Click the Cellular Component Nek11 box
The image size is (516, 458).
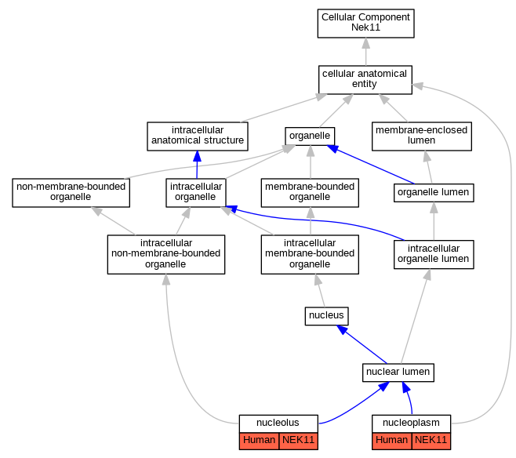click(365, 24)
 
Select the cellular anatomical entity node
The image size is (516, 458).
click(365, 80)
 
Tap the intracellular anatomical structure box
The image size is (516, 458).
click(198, 136)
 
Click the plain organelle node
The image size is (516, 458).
click(310, 136)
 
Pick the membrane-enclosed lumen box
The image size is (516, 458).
click(422, 136)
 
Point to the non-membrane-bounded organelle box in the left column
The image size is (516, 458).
click(71, 192)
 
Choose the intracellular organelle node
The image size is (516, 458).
click(196, 192)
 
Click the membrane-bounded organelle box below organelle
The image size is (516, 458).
click(310, 192)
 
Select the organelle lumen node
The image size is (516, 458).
click(434, 192)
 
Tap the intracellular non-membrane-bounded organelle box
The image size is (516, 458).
click(166, 254)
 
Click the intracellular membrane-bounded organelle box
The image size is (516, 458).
click(310, 254)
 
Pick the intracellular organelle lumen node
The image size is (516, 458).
click(434, 254)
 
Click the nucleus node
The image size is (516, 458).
click(326, 316)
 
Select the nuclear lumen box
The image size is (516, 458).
click(398, 373)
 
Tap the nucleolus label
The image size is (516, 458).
click(278, 423)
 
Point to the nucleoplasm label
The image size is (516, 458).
click(411, 423)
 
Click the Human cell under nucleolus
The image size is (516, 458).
click(259, 441)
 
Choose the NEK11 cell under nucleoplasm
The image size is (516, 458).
click(431, 441)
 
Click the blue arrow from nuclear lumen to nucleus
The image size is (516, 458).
click(362, 344)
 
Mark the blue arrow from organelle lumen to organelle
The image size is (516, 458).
click(371, 164)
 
